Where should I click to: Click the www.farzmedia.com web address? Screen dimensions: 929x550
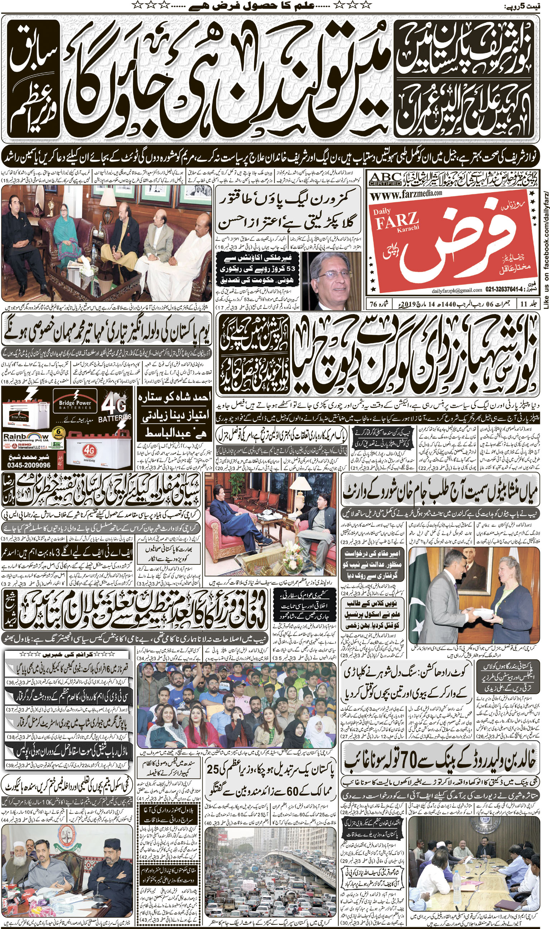pyautogui.click(x=406, y=193)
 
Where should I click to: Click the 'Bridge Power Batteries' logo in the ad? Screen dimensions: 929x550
pyautogui.click(x=75, y=405)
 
